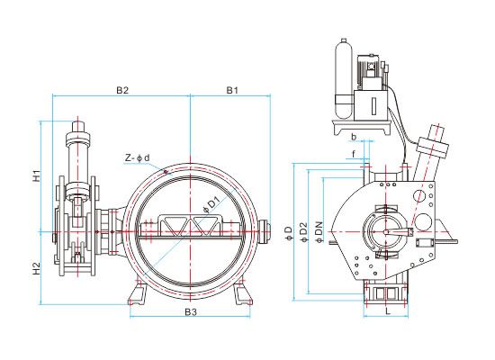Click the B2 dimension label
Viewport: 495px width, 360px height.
(122, 90)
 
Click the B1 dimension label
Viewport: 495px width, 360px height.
(232, 90)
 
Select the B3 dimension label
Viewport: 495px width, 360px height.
(191, 312)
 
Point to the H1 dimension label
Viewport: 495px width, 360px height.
(37, 175)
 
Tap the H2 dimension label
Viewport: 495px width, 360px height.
(37, 268)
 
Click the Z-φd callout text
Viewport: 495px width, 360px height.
(137, 157)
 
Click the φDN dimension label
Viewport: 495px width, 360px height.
(319, 232)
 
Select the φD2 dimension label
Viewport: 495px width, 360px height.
(303, 232)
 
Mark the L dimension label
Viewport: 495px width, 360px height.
(388, 311)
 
